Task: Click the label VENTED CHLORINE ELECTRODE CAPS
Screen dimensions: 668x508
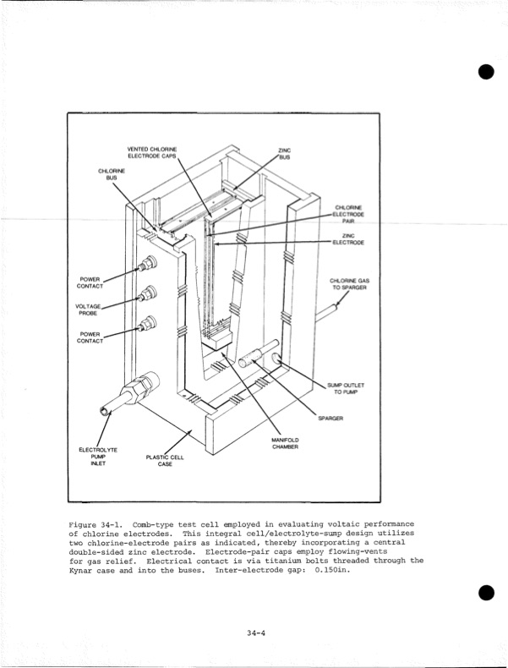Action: [x=152, y=152]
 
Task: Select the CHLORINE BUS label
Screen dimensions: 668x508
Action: [x=111, y=174]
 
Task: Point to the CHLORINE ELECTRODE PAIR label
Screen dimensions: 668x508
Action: [x=349, y=215]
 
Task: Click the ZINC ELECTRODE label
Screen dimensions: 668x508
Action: [x=348, y=238]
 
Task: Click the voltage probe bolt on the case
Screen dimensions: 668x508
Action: [x=149, y=294]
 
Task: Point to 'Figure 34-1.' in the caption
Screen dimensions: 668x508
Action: [x=96, y=525]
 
